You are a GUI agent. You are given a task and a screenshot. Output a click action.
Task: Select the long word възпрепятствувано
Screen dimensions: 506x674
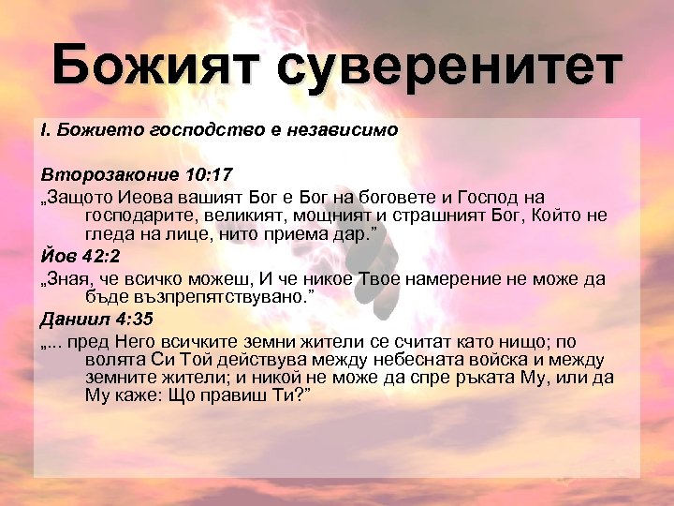point(192,296)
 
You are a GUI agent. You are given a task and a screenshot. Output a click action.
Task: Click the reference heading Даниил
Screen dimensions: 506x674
point(71,320)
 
